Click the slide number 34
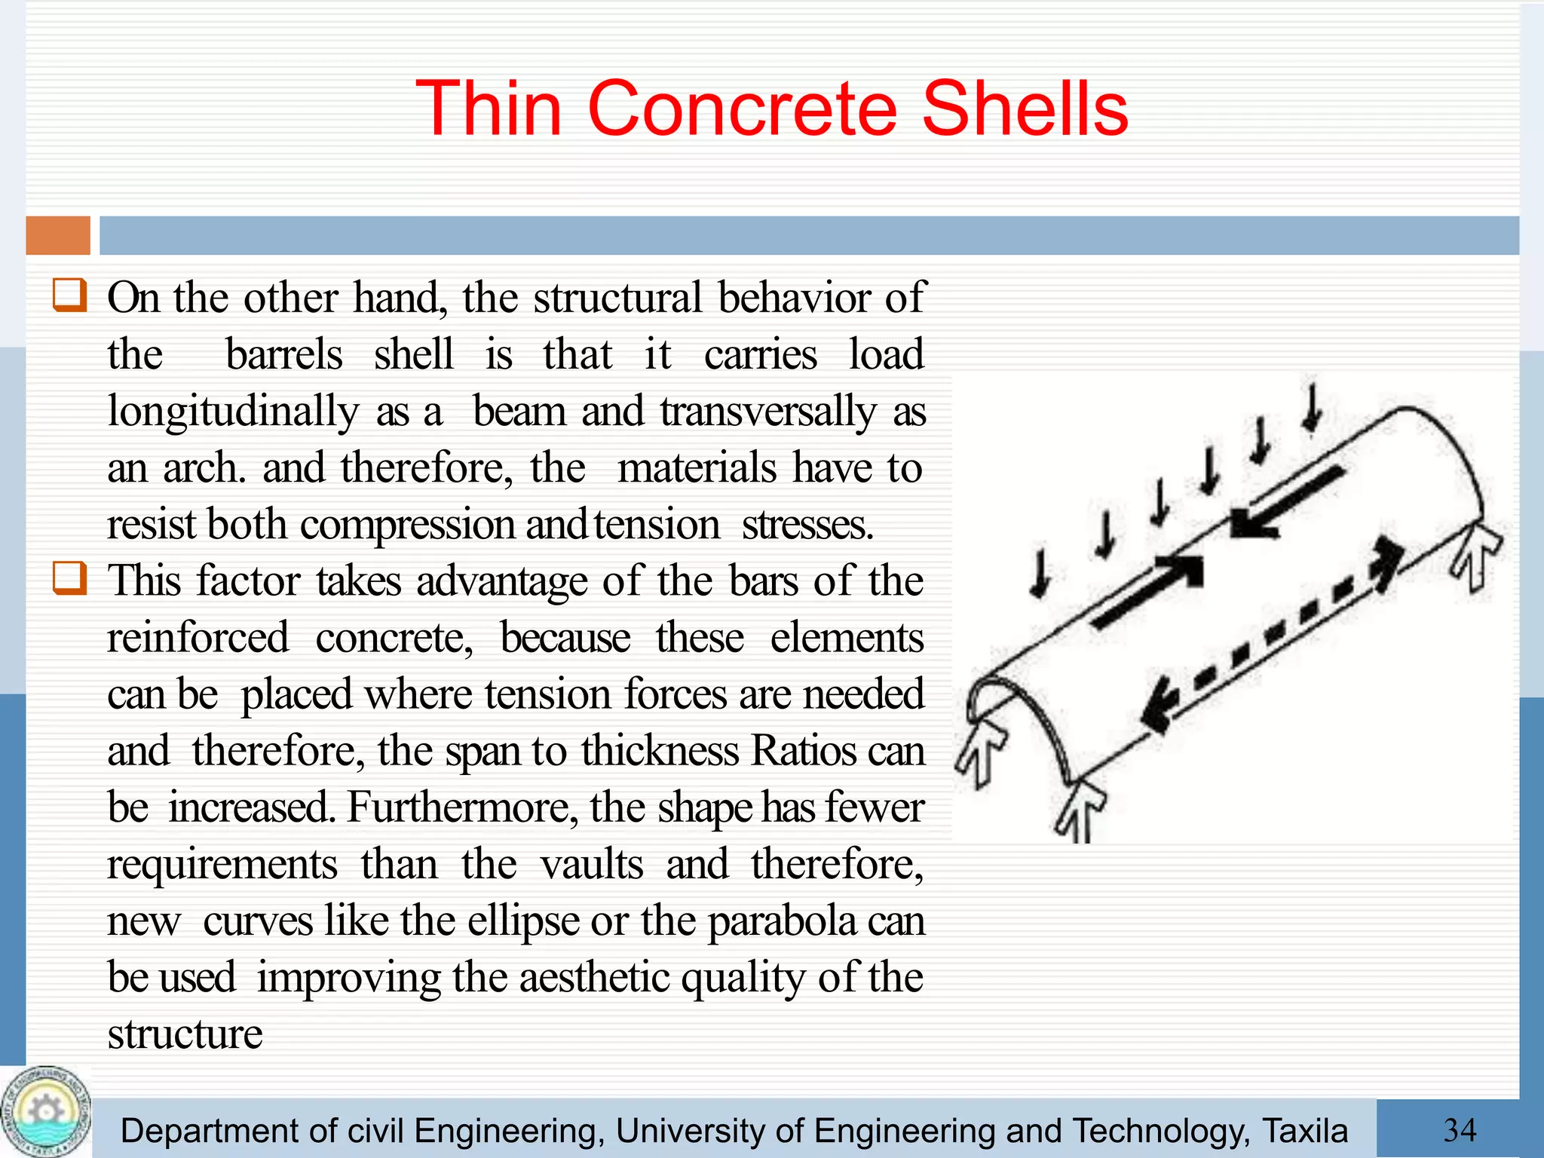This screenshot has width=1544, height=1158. (1460, 1130)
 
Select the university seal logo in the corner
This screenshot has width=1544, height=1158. (45, 1112)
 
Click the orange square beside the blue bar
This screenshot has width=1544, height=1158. (58, 235)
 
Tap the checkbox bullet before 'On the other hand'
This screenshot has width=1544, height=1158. (69, 295)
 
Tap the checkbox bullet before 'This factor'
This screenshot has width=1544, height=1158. (69, 578)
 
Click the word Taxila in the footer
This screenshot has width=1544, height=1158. (1304, 1131)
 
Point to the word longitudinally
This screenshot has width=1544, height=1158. (233, 412)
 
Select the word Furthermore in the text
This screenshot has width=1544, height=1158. (461, 807)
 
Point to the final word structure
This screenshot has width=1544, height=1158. (185, 1034)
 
